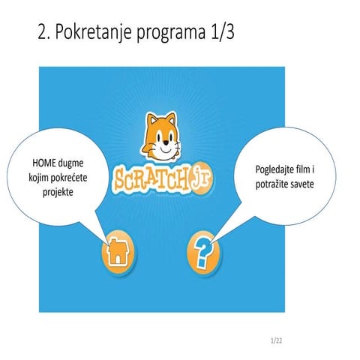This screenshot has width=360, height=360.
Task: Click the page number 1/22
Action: (276, 341)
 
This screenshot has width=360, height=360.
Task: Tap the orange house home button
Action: (118, 252)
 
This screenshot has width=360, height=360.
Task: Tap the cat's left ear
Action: (149, 118)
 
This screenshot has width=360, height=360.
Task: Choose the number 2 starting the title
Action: (42, 34)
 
